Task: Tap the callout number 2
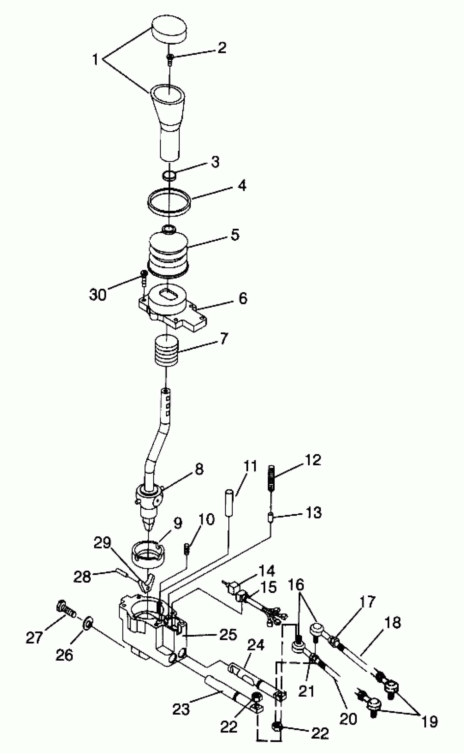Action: coord(222,47)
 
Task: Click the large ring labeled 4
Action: coord(169,202)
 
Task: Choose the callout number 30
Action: coord(98,294)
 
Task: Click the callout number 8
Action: coord(199,469)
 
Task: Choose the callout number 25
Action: coord(228,634)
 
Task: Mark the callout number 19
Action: coord(429,721)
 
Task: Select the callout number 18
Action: coord(392,623)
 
